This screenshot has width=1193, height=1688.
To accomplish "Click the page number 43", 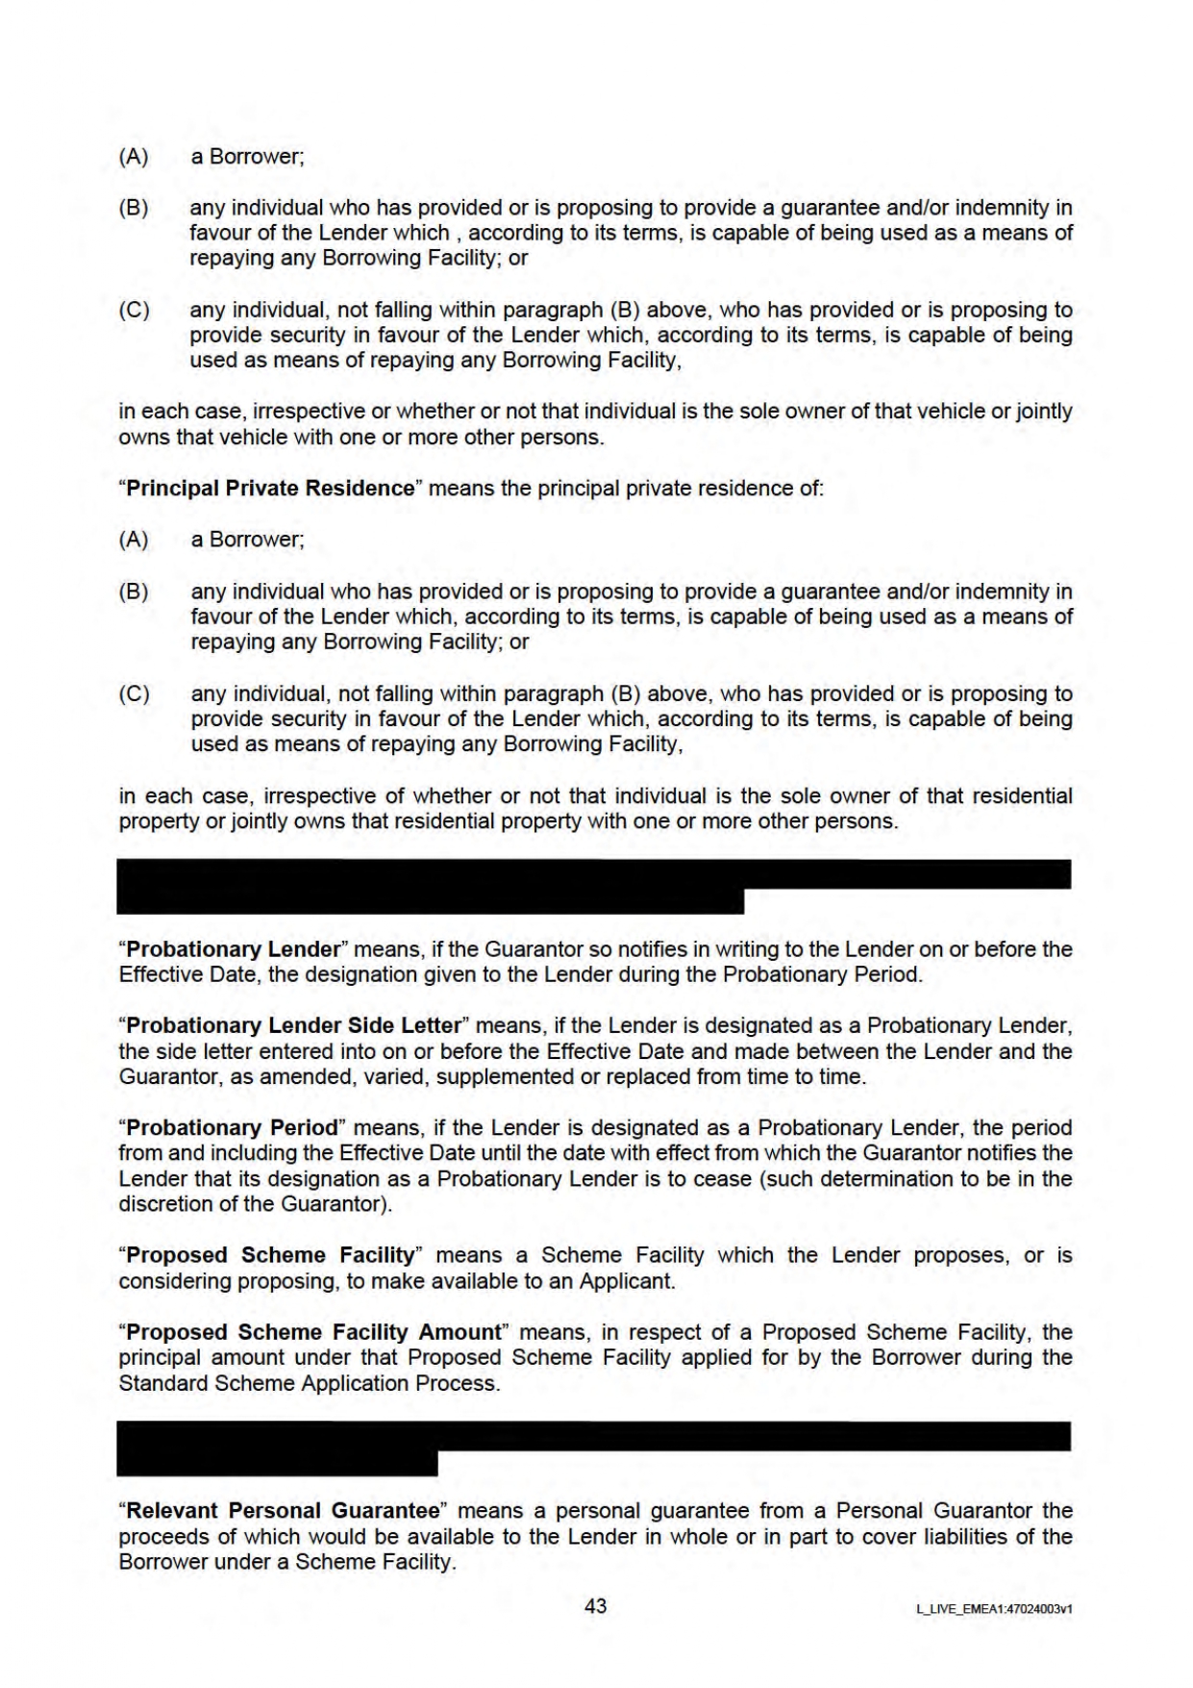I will point(595,1605).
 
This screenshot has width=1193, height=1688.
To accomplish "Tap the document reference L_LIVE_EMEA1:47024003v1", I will point(994,1608).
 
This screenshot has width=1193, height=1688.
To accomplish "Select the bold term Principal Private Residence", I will point(270,488).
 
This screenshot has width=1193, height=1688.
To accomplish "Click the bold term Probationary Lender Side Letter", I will point(293,1025).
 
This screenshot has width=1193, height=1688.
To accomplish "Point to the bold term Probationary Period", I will point(233,1127).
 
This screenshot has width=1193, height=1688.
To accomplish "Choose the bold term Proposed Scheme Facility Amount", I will point(314,1332).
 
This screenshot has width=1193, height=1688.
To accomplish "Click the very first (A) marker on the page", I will point(134,156).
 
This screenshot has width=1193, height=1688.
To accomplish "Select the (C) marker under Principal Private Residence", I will point(134,693).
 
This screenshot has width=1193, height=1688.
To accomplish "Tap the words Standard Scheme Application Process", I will point(309,1383).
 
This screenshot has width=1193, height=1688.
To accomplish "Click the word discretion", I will point(162,1204).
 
